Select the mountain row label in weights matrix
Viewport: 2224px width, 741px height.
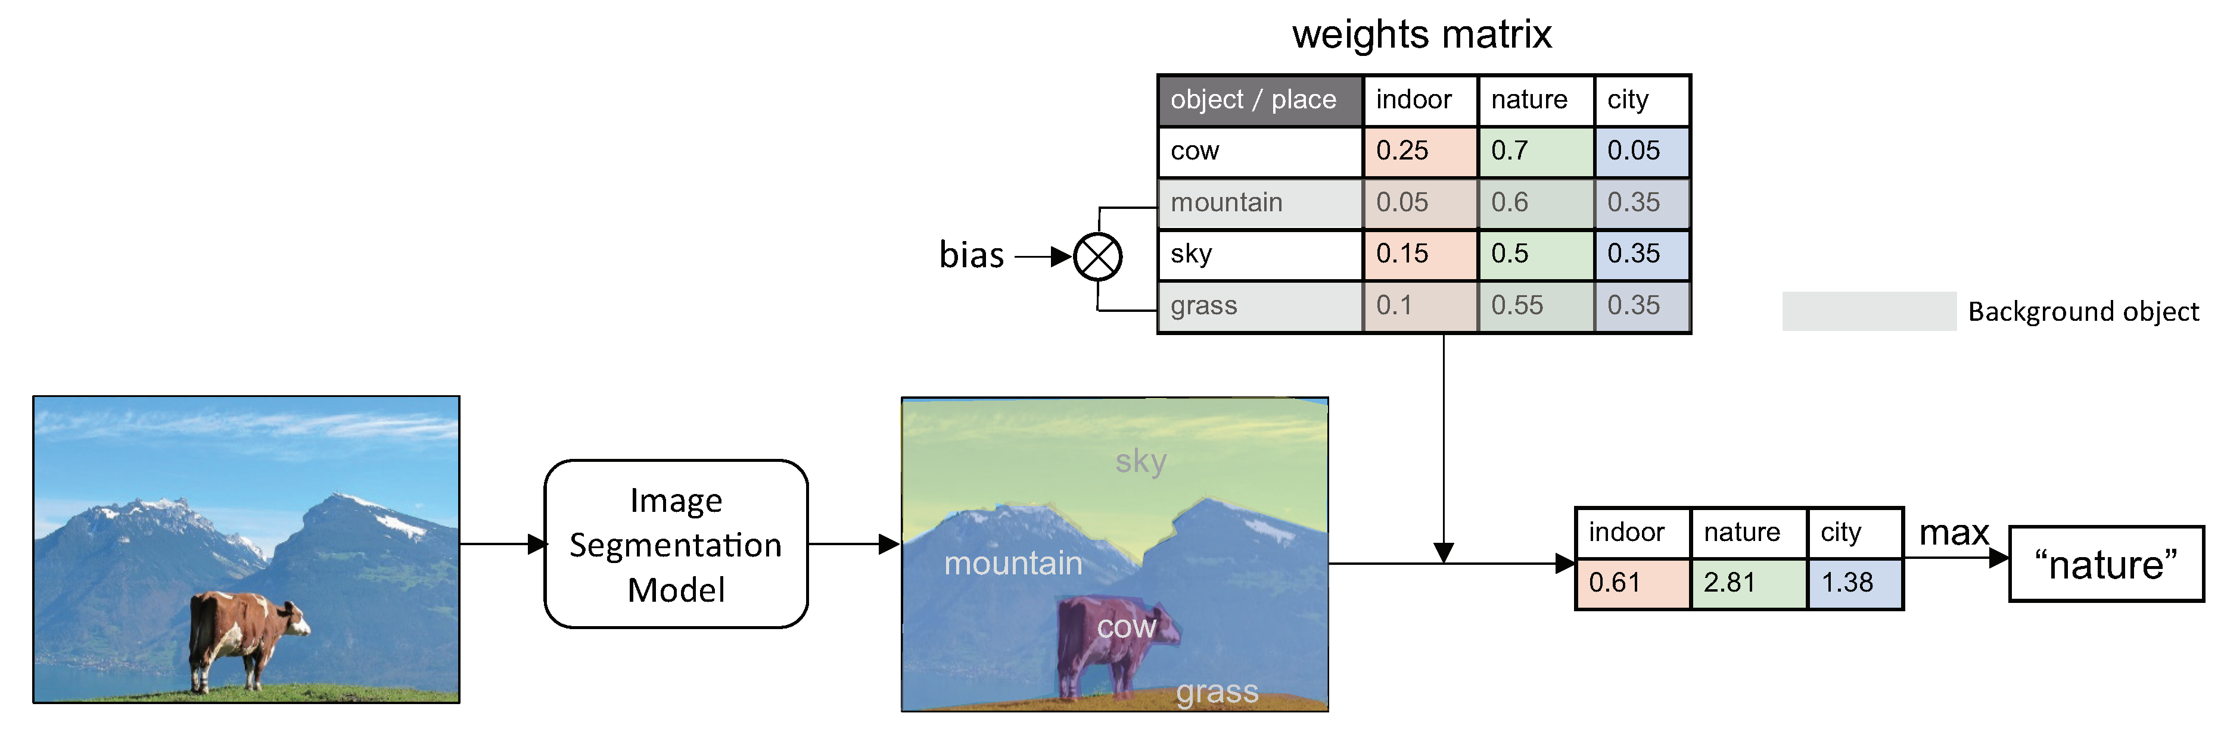[1259, 203]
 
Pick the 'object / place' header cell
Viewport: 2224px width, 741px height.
[1259, 100]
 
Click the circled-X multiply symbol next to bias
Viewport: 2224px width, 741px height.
[1097, 257]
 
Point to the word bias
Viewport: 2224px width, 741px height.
[971, 255]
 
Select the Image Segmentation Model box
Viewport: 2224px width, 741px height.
[676, 545]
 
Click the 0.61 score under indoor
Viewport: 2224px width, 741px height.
[1632, 583]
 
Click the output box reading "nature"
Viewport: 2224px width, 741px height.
[2105, 565]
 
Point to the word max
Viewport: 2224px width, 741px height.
[1953, 533]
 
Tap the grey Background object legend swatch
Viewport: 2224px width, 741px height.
[1868, 311]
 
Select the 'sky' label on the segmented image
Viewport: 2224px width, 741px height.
[1140, 461]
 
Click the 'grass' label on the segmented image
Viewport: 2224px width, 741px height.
[1217, 691]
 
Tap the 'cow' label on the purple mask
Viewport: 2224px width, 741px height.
[1126, 627]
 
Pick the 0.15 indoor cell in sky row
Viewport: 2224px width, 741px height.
[1419, 254]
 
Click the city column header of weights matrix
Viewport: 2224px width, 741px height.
[1640, 100]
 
